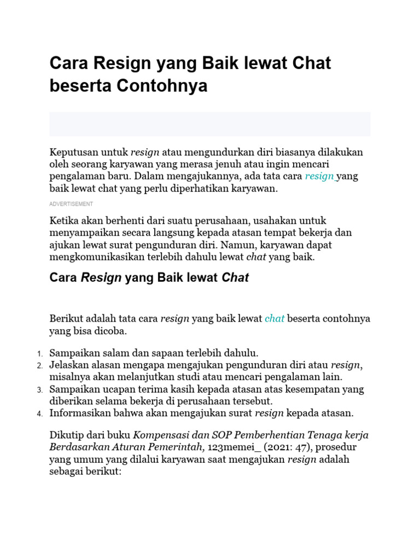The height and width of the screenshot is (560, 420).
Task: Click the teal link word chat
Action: [275, 318]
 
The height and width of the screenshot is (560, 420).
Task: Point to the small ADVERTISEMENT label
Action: [71, 204]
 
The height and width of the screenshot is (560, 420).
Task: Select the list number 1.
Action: [40, 353]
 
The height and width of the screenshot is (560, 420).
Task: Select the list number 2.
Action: [40, 365]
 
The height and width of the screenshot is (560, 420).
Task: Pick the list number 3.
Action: [40, 390]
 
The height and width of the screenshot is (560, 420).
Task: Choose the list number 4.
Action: [40, 414]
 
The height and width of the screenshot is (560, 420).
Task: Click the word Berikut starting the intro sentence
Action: [66, 318]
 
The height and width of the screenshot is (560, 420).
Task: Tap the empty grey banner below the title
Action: [210, 124]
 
